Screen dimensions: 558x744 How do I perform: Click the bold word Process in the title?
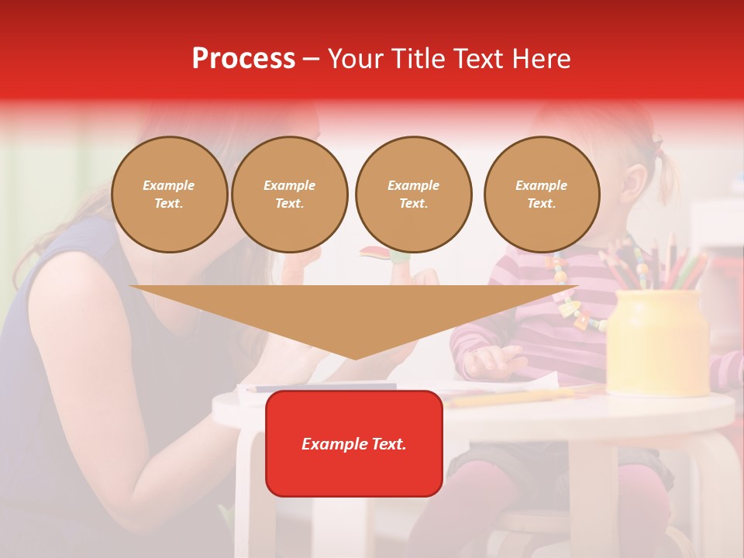click(243, 59)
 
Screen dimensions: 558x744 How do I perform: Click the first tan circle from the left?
click(169, 195)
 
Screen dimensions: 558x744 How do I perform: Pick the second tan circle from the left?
click(289, 195)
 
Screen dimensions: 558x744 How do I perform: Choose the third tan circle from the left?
click(413, 195)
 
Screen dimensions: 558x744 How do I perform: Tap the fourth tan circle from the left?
click(541, 195)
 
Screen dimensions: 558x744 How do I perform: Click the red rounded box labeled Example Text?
click(354, 443)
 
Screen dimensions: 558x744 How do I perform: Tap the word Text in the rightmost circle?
click(541, 204)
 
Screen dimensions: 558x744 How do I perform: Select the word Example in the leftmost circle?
click(169, 186)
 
